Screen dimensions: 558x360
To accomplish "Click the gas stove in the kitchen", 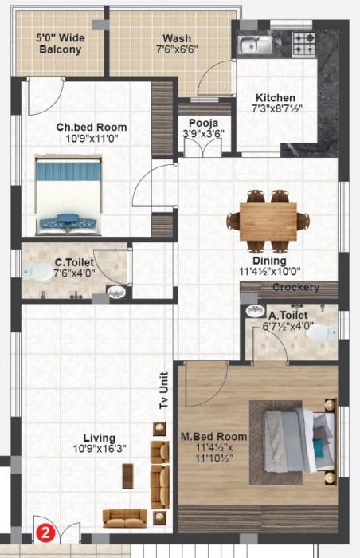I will point(303,41).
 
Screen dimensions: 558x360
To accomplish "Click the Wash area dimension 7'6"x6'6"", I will point(177,49).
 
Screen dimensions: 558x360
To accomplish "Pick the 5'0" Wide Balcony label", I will point(60,43).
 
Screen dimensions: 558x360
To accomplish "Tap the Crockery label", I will point(295,287).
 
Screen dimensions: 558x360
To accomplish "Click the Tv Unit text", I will point(164,391).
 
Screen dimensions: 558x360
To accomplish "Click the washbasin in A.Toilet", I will point(255,311).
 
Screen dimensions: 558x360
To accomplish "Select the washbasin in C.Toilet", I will point(117,292).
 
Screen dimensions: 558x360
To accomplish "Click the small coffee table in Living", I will point(127,475).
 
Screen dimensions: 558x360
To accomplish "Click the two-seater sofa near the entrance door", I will point(124,517).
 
